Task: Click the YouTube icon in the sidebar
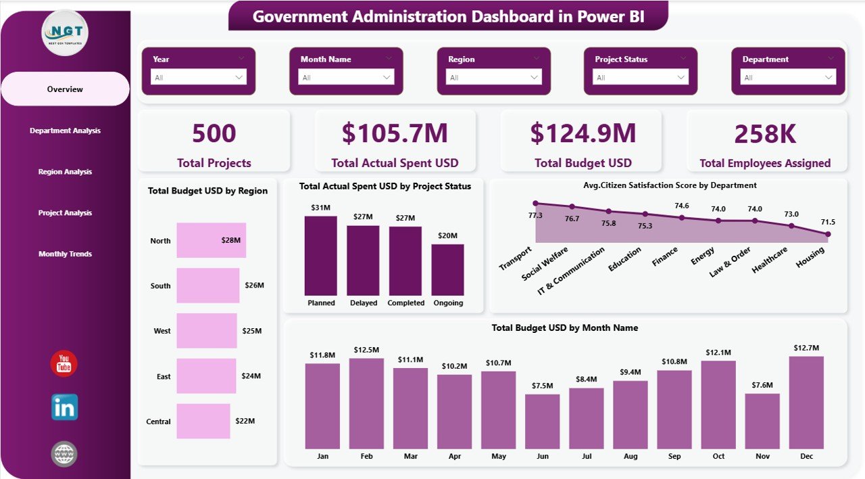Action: point(64,364)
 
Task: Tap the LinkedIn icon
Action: point(64,407)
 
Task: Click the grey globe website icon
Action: point(64,453)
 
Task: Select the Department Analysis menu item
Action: point(65,131)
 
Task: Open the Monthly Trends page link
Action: point(65,254)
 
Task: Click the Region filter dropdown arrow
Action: point(535,78)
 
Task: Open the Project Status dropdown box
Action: point(640,78)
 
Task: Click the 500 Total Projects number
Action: point(214,133)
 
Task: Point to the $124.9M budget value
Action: point(583,133)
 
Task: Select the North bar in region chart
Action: point(211,240)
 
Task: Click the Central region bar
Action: point(203,421)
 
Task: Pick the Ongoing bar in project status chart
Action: point(447,269)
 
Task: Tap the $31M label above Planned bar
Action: point(320,208)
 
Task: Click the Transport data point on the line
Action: point(535,203)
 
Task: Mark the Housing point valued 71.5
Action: point(828,234)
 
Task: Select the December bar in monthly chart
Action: point(806,403)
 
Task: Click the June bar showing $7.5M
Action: point(542,421)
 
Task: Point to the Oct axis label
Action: point(718,456)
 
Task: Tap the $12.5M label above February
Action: point(366,350)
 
